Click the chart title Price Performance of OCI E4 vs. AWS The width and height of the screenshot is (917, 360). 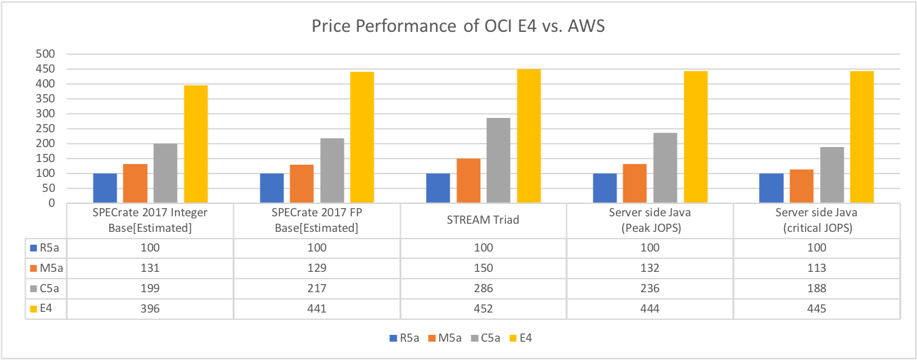[458, 26]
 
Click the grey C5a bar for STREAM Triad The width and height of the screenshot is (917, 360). [498, 161]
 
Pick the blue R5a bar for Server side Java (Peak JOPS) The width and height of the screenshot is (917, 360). [604, 188]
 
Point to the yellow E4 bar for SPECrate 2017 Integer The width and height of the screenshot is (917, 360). [195, 144]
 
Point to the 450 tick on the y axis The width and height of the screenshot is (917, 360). [54, 68]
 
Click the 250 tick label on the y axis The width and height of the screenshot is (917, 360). [54, 128]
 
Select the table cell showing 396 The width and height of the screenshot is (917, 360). [150, 309]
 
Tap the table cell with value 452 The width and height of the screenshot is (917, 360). [483, 309]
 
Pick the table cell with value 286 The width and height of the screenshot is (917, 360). [483, 288]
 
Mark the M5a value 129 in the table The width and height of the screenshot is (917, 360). [316, 267]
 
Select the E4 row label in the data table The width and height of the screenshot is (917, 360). [45, 309]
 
